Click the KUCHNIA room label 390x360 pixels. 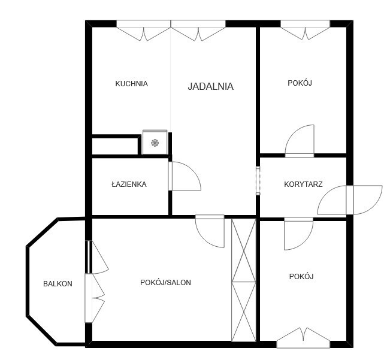pyautogui.click(x=131, y=84)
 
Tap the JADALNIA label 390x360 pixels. pyautogui.click(x=210, y=86)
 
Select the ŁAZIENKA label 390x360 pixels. pyautogui.click(x=129, y=184)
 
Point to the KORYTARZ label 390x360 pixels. pyautogui.click(x=303, y=184)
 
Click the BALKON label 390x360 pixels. pyautogui.click(x=58, y=284)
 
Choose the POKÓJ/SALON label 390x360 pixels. pyautogui.click(x=166, y=283)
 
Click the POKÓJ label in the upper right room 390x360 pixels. pyautogui.click(x=300, y=83)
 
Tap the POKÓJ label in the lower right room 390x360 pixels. pyautogui.click(x=301, y=277)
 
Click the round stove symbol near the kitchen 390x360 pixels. pyautogui.click(x=155, y=143)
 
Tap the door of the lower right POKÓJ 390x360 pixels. pyautogui.click(x=298, y=233)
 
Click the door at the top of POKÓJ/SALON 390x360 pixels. pyautogui.click(x=210, y=230)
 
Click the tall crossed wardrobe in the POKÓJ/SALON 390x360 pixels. pyautogui.click(x=244, y=280)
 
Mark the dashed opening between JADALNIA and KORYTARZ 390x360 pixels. pyautogui.click(x=258, y=180)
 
